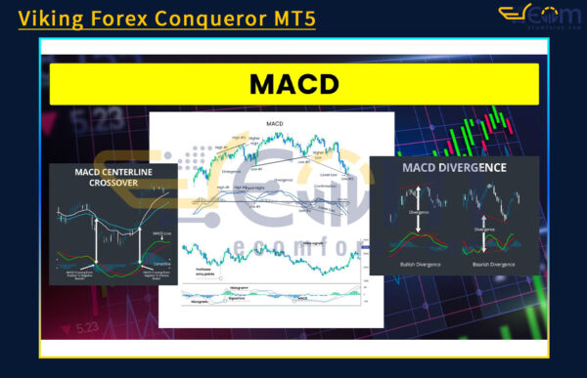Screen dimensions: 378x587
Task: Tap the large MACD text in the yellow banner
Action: [x=293, y=84]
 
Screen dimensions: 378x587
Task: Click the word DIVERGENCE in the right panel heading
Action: [x=472, y=167]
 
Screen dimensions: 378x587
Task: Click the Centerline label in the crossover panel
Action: [x=162, y=261]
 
